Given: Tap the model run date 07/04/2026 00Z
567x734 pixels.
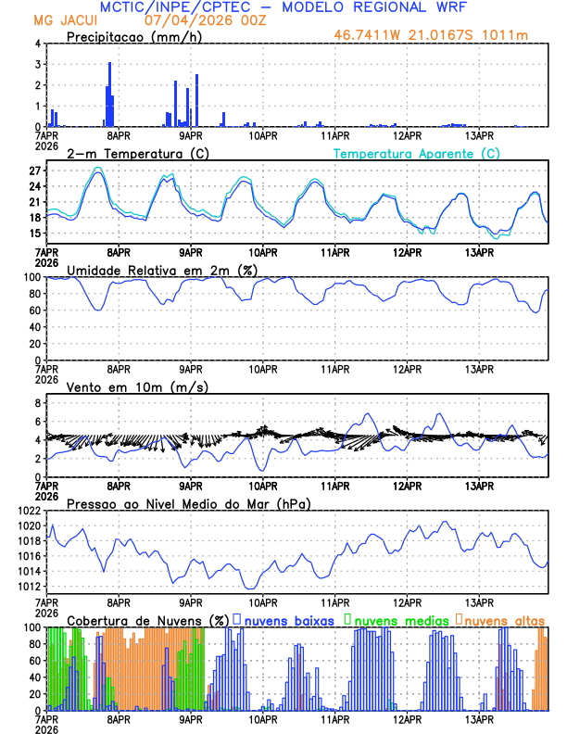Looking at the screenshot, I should (191, 20).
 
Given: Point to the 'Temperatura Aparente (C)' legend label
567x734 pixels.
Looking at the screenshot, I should (417, 153).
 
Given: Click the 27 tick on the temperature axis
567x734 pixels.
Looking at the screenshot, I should (33, 171).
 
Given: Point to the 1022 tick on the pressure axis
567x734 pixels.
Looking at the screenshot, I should (28, 511).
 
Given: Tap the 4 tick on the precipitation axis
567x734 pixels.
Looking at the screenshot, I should (37, 44).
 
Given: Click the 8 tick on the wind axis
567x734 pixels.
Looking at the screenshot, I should (37, 403).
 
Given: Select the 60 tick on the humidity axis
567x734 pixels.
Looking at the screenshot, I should (33, 310).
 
